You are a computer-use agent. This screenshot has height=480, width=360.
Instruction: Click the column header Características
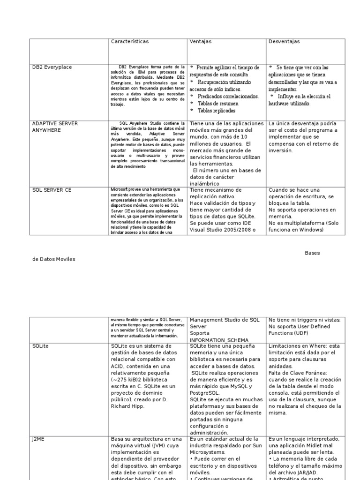[129, 42]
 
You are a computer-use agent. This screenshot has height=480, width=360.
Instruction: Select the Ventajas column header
[201, 42]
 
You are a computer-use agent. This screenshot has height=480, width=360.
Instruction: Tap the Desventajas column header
[285, 42]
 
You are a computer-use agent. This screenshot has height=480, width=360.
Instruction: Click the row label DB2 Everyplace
[52, 67]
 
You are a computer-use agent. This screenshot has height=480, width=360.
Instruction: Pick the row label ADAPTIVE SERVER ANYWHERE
[55, 127]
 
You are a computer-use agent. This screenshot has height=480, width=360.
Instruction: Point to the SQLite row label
[41, 345]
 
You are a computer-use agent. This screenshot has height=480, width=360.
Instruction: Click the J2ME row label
[38, 439]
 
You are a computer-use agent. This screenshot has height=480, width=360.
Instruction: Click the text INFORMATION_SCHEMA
[219, 340]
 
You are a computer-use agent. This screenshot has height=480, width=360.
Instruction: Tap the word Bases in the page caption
[312, 253]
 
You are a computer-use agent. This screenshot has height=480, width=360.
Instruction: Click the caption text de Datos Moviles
[54, 259]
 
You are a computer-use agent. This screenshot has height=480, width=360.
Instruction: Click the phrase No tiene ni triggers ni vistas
[305, 320]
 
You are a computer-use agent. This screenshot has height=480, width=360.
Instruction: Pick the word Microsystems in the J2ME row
[209, 452]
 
